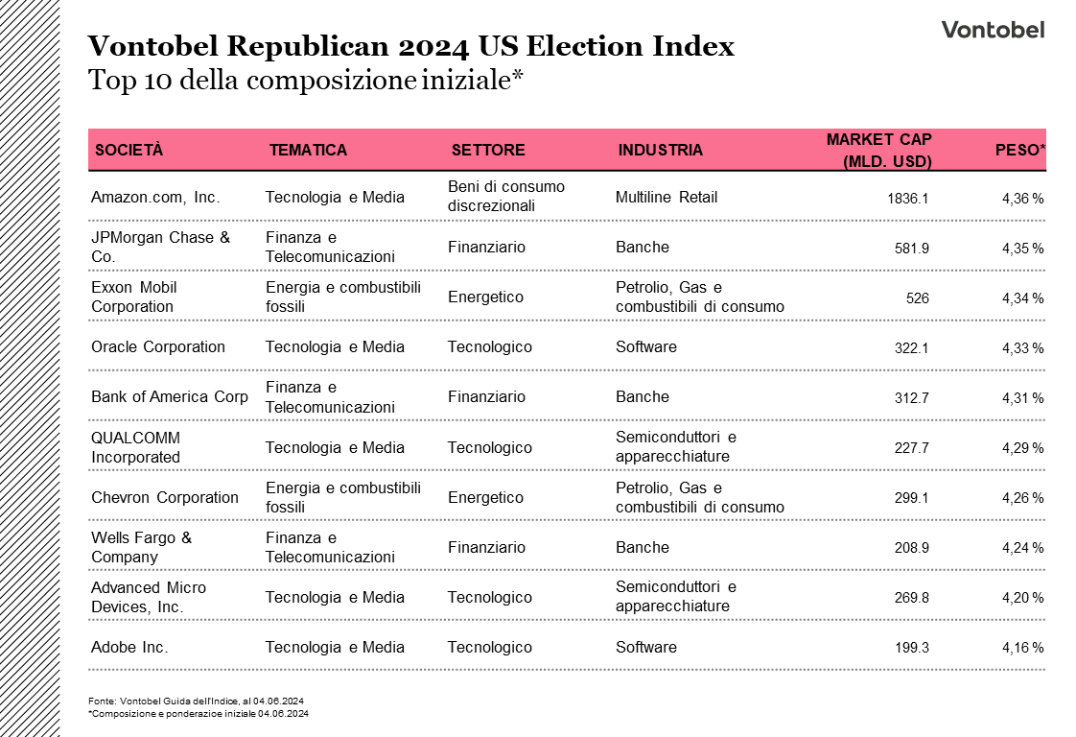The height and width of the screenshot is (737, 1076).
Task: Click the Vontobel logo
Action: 993,30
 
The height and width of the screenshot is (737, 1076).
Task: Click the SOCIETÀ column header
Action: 129,150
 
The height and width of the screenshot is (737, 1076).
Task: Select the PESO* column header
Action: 1019,150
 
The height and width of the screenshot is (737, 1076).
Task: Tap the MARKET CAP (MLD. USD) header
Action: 878,150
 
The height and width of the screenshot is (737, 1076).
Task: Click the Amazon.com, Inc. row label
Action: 155,198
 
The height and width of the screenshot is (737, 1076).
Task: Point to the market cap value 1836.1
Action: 907,199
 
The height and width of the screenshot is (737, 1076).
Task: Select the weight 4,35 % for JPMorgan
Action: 1022,249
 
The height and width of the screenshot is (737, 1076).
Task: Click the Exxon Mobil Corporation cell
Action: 134,297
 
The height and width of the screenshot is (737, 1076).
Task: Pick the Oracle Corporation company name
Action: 158,347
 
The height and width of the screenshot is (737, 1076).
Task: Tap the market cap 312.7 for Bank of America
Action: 911,398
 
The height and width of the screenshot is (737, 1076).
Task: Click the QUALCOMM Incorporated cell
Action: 135,447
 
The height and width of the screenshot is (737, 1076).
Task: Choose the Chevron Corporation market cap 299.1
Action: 911,498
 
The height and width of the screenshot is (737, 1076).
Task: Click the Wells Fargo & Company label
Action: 141,547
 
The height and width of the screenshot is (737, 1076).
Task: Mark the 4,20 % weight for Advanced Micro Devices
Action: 1022,598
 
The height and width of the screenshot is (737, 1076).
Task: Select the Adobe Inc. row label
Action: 129,648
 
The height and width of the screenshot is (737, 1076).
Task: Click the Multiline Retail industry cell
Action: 666,198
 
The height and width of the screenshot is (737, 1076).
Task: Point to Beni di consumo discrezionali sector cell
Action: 506,196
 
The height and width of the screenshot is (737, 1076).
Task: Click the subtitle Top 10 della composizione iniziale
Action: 304,81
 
